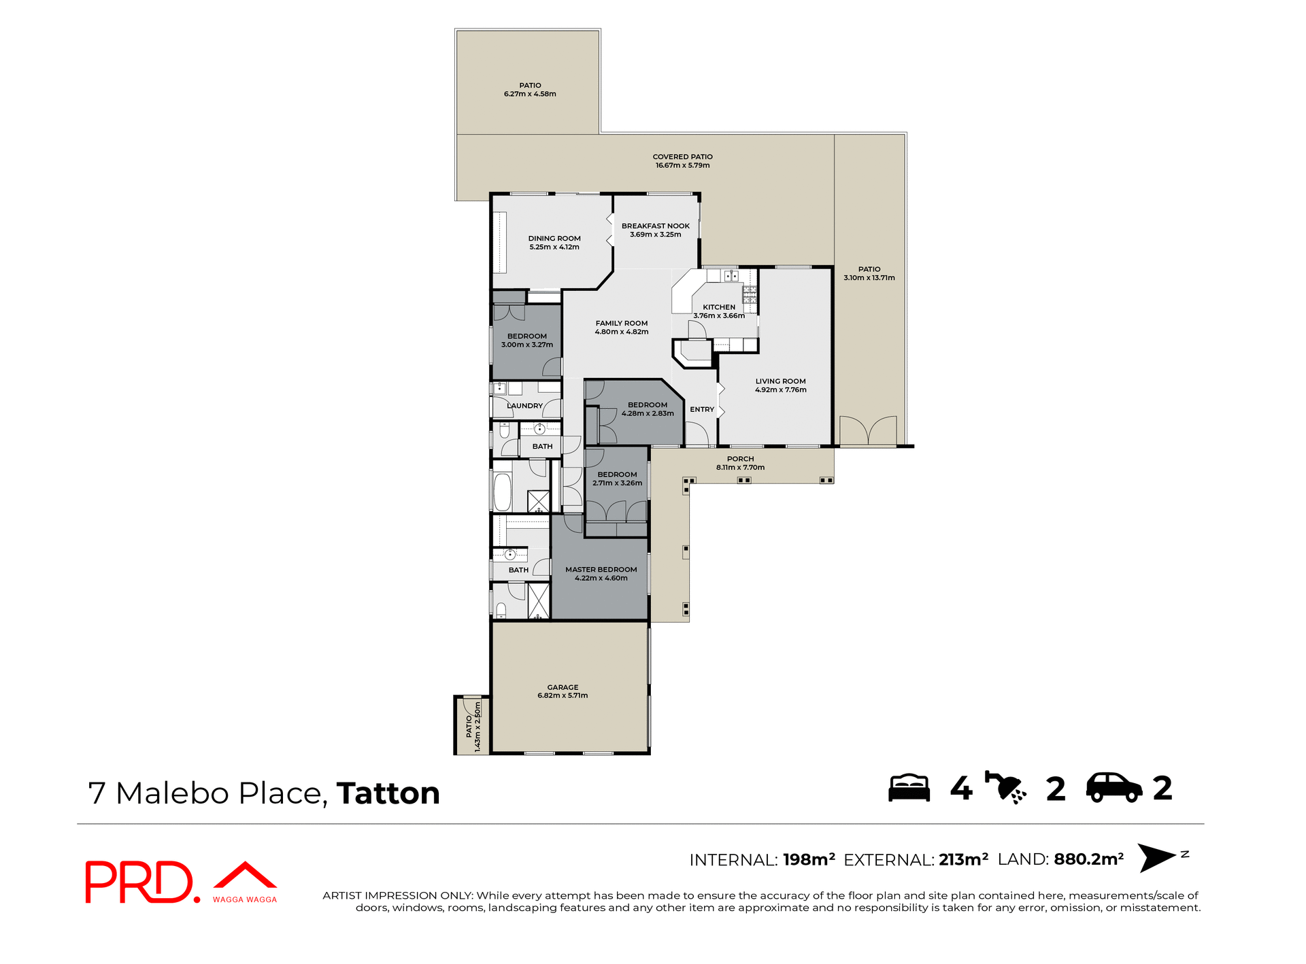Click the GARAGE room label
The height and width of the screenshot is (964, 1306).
click(x=563, y=687)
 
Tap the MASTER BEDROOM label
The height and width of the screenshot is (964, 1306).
click(x=601, y=570)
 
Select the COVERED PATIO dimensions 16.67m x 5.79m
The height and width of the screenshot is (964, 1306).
click(x=682, y=165)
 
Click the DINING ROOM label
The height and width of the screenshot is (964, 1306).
click(x=554, y=239)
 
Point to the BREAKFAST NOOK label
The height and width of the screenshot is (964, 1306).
click(x=655, y=226)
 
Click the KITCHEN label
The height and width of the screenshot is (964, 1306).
click(x=719, y=307)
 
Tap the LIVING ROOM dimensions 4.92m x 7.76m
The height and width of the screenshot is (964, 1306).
click(x=780, y=390)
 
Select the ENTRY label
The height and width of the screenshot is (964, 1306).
click(x=702, y=409)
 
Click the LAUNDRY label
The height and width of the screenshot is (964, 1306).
click(x=524, y=406)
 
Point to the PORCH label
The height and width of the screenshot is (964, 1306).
click(x=740, y=459)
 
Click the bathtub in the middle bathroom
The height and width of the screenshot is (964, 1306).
click(x=502, y=492)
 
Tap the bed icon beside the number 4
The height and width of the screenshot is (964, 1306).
click(x=909, y=788)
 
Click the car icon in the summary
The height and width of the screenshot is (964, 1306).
click(x=1114, y=788)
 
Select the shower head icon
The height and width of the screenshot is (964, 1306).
click(x=1005, y=788)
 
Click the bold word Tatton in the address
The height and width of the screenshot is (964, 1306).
click(x=388, y=793)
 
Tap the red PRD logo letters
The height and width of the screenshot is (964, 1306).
click(x=139, y=882)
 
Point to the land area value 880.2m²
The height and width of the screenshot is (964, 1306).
click(x=1088, y=859)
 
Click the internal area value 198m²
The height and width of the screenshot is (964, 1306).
click(x=809, y=859)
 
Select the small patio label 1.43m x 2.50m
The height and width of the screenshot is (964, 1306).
click(x=478, y=727)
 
